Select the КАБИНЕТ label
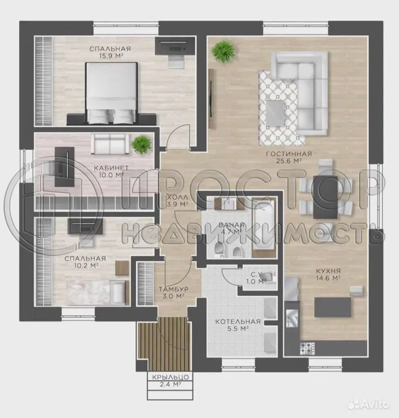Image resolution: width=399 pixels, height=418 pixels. [106, 167]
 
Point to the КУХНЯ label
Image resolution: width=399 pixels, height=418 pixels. [328, 270]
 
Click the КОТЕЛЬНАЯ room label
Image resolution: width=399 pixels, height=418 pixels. [238, 322]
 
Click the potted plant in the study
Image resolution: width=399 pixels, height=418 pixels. [141, 144]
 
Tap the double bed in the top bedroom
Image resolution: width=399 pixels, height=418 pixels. [112, 93]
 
